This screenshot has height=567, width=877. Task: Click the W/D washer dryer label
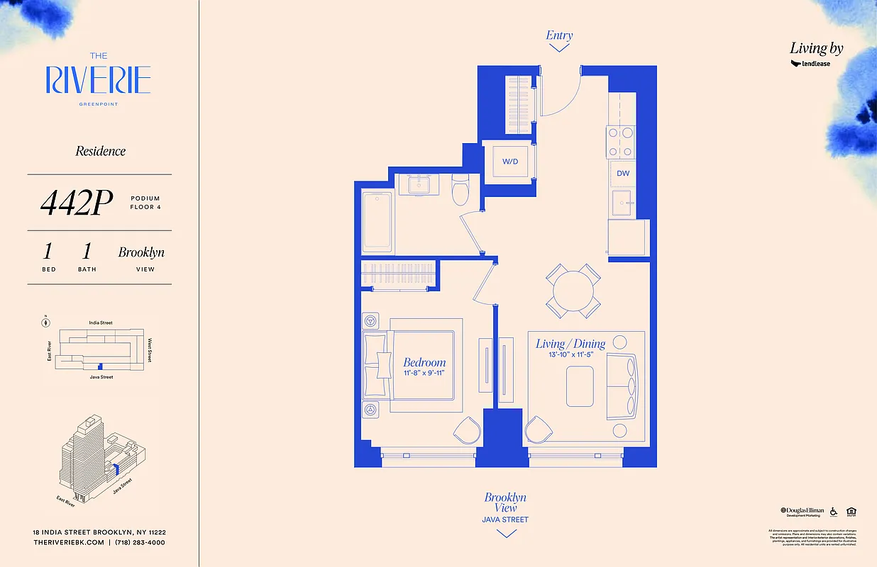510,162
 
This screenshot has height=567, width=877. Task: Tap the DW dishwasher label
622,173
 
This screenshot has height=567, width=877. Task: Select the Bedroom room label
424,362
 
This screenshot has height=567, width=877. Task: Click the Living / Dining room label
570,344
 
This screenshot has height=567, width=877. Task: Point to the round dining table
574,291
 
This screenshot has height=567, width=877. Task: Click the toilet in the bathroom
460,187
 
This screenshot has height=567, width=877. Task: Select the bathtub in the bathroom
377,220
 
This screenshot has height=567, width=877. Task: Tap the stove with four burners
619,142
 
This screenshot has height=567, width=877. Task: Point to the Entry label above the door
559,35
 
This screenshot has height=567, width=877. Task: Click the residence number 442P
77,204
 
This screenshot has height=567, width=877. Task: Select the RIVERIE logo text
98,80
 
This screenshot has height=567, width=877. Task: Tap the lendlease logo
810,64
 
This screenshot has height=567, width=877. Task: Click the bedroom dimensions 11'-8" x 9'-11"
424,374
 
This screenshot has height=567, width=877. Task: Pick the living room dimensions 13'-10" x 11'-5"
570,355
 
